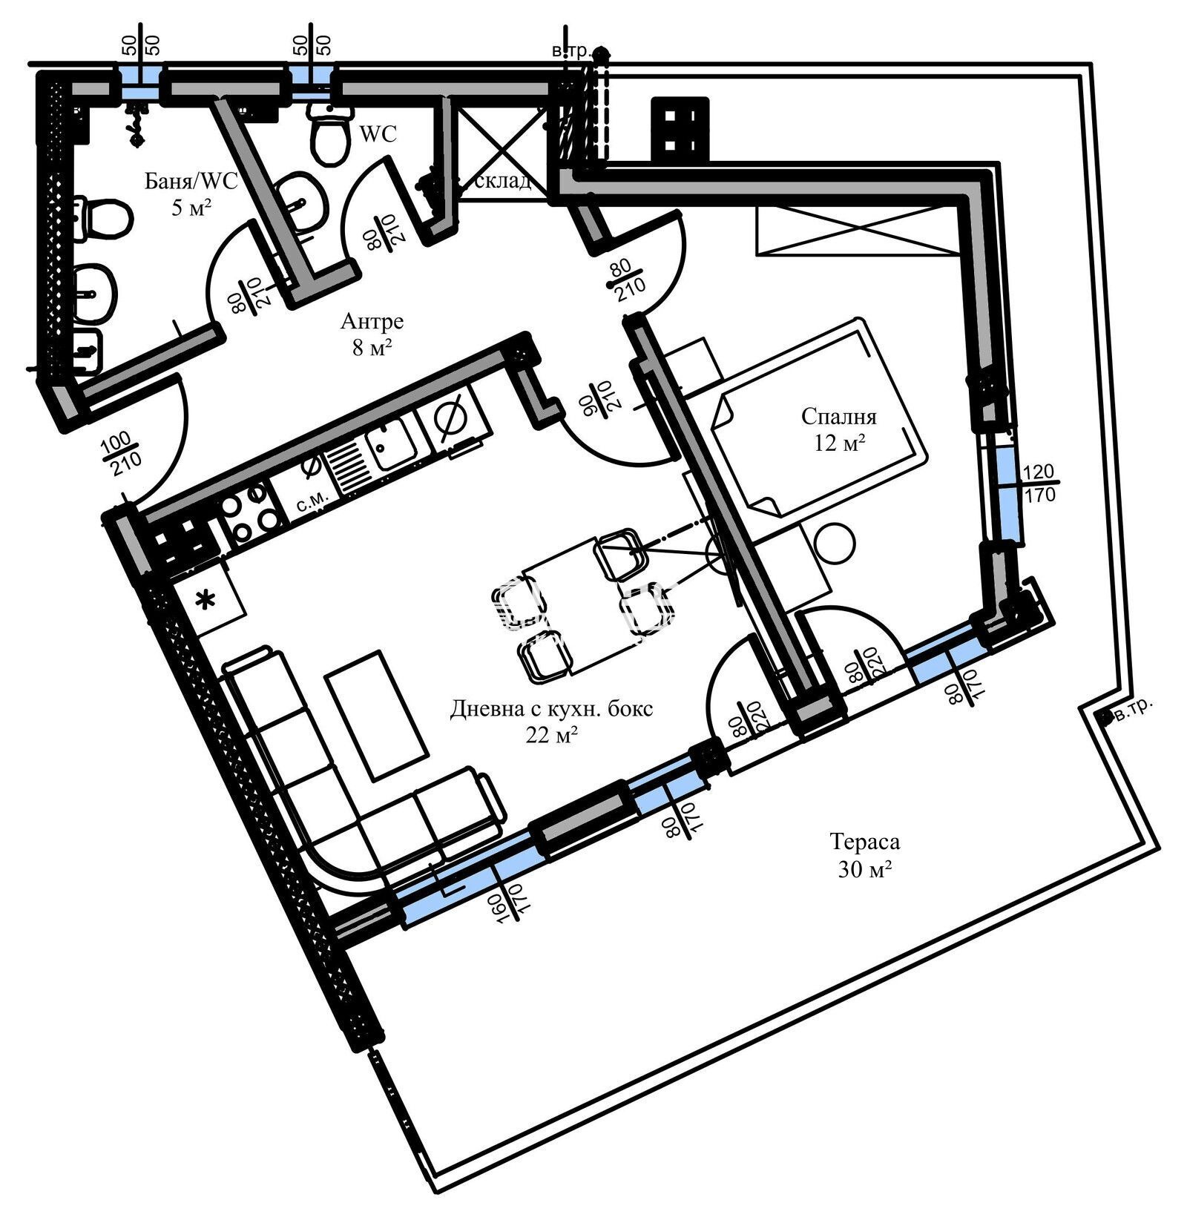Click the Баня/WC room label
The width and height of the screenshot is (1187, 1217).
coord(191,182)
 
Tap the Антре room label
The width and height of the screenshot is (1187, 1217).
coord(372,321)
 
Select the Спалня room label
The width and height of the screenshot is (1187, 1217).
coord(839,417)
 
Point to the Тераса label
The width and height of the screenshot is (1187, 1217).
coord(865,842)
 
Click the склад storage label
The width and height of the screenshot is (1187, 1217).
coord(502,181)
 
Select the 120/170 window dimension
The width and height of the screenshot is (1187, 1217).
coord(1039,483)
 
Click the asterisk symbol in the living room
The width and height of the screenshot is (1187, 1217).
coord(205,600)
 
